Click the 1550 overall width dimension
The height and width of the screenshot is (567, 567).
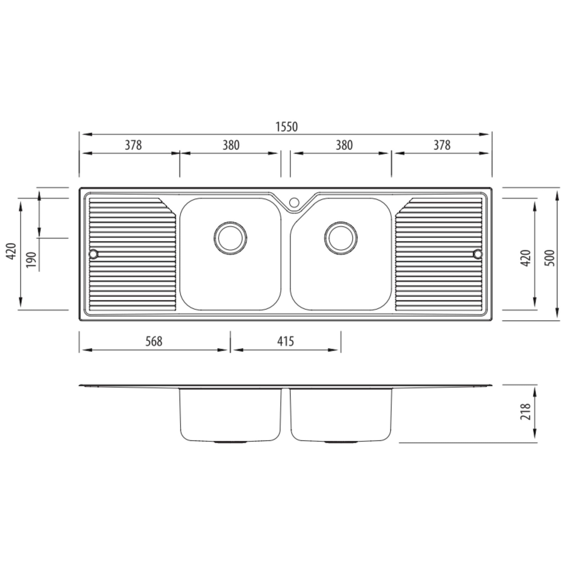pyautogui.click(x=287, y=127)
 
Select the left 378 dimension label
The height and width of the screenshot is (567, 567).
pyautogui.click(x=133, y=145)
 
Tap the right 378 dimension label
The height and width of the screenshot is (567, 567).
pyautogui.click(x=442, y=145)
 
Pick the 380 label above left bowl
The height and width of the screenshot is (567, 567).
pyautogui.click(x=231, y=145)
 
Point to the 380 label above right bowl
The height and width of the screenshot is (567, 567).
pyautogui.click(x=344, y=145)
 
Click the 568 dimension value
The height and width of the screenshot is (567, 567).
pyautogui.click(x=154, y=341)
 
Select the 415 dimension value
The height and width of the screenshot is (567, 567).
pyautogui.click(x=285, y=341)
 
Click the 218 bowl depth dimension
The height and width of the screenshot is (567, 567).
pyautogui.click(x=525, y=411)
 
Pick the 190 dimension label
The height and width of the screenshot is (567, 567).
pyautogui.click(x=31, y=259)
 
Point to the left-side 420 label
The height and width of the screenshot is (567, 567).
pyautogui.click(x=11, y=251)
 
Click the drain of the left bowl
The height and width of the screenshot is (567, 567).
pyautogui.click(x=230, y=238)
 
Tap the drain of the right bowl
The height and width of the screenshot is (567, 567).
pyautogui.click(x=341, y=238)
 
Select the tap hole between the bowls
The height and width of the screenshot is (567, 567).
pyautogui.click(x=294, y=202)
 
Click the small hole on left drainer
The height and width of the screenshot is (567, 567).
pyautogui.click(x=93, y=254)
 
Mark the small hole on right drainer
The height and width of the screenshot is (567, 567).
pyautogui.click(x=478, y=254)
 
